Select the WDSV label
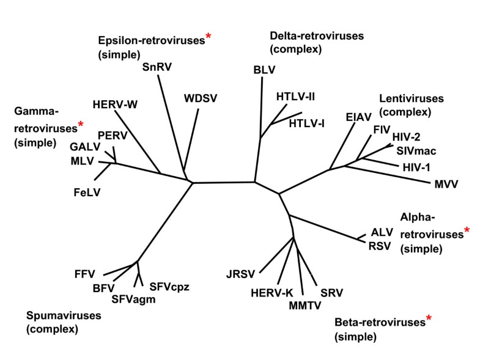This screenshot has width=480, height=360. pyautogui.click(x=201, y=98)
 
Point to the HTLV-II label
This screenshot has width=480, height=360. pyautogui.click(x=295, y=96)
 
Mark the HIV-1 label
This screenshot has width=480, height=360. pyautogui.click(x=419, y=166)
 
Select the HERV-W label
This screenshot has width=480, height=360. pyautogui.click(x=116, y=105)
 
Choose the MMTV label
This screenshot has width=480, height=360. pyautogui.click(x=305, y=304)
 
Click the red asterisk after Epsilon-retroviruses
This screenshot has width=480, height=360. pyautogui.click(x=209, y=37)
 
